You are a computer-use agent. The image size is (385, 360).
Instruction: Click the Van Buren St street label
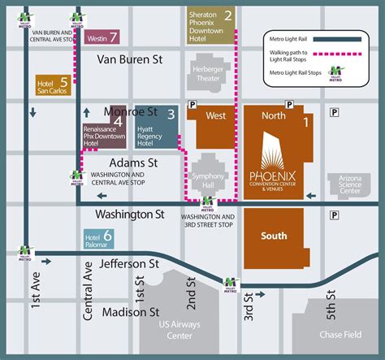[130, 59]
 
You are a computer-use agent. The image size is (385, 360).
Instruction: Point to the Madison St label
[131, 311]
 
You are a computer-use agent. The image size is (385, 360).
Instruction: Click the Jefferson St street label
[131, 264]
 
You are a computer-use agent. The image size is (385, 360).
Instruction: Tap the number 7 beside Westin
[114, 37]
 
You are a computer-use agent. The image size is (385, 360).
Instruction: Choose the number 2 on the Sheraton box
[228, 15]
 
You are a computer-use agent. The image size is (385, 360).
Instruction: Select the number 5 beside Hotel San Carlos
[64, 81]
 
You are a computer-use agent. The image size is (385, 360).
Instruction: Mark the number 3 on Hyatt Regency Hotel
[171, 115]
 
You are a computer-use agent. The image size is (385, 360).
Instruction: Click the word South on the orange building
[274, 236]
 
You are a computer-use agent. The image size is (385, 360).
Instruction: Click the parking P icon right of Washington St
[335, 215]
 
